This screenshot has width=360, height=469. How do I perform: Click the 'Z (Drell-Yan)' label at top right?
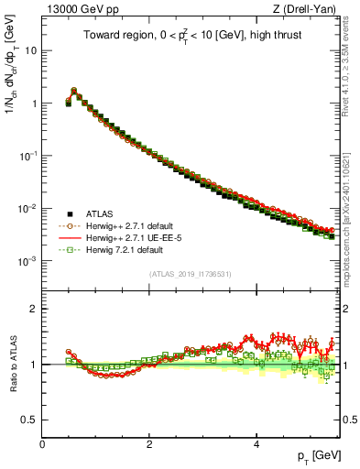309,9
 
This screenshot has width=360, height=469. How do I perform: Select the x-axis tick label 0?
42,443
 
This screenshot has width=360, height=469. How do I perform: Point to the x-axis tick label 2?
149,443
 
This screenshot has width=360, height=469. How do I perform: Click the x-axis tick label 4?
256,443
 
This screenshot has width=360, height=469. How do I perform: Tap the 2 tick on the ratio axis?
33,309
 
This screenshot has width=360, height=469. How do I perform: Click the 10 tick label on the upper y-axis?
29,50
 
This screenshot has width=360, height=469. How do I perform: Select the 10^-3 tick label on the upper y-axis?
27,261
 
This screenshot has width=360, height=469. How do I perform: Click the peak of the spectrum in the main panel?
74,91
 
